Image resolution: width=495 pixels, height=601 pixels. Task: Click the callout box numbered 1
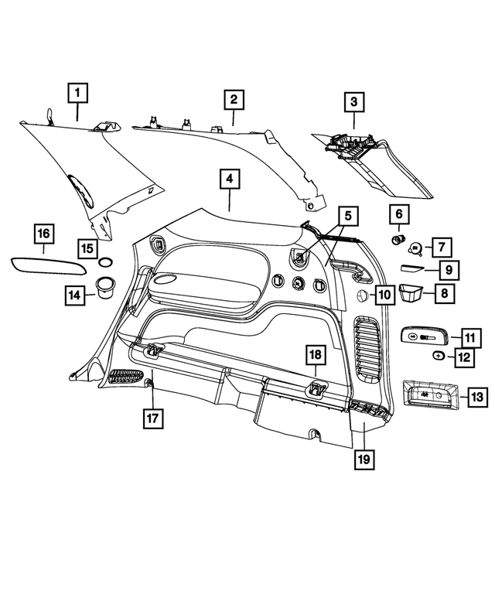tap(77, 94)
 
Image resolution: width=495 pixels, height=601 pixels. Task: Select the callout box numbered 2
tap(233, 100)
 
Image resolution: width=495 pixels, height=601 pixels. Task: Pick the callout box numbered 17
tap(153, 418)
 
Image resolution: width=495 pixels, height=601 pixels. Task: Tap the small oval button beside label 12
tap(439, 355)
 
